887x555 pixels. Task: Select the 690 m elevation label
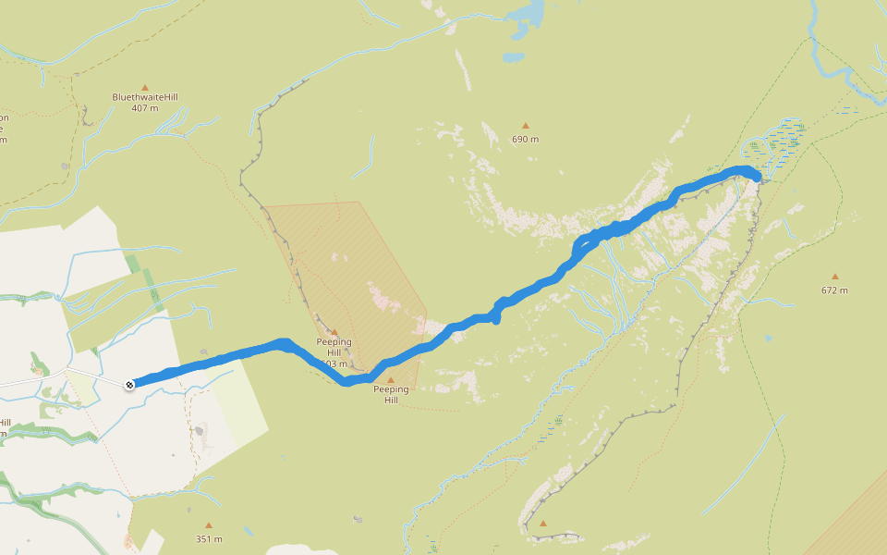(x=526, y=140)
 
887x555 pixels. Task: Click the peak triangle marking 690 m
(x=526, y=126)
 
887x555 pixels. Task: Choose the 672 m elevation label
(x=834, y=290)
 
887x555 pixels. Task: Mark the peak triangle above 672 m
(x=834, y=277)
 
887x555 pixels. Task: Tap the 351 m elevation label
(x=209, y=539)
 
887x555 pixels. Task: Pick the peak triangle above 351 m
(x=209, y=525)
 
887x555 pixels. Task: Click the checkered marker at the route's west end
(x=130, y=384)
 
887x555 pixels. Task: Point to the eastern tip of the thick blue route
(x=758, y=176)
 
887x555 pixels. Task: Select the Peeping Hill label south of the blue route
(x=391, y=395)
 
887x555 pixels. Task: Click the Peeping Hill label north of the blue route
(x=334, y=347)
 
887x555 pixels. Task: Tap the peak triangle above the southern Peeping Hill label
(x=391, y=380)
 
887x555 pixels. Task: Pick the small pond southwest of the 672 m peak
(x=768, y=339)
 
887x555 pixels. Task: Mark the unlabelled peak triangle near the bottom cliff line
(x=543, y=524)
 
